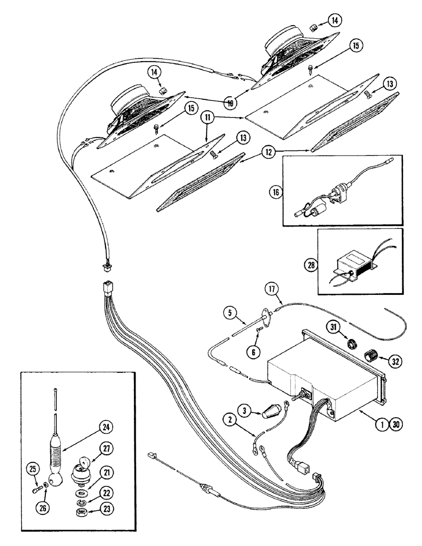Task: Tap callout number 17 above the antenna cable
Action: pyautogui.click(x=272, y=288)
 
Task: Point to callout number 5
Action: pyautogui.click(x=229, y=313)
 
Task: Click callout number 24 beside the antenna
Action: pyautogui.click(x=107, y=428)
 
